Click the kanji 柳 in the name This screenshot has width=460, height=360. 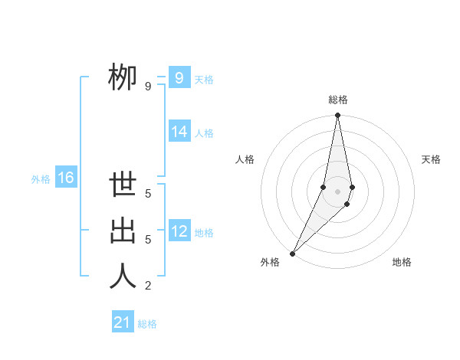coord(123,77)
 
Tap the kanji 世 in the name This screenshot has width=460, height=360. coord(123,186)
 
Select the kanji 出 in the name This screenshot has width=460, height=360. coord(123,231)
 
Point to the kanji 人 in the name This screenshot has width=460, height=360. coord(123,276)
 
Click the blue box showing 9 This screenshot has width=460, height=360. coord(179,77)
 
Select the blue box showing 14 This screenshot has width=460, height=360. coord(179,132)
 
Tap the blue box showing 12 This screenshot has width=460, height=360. coord(179,231)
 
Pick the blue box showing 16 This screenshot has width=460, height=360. coord(65,178)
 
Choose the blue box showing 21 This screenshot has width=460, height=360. coord(123,322)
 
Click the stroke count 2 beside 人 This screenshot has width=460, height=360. coord(148,286)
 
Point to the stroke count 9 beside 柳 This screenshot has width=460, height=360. coord(148,87)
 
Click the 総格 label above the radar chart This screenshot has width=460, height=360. coord(337,100)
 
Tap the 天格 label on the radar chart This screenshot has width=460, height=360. coord(431,159)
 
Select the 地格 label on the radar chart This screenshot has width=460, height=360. coord(402,262)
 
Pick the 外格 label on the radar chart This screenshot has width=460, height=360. coord(270,262)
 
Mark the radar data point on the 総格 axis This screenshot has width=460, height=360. coord(337,116)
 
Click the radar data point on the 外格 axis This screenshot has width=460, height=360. coord(292,253)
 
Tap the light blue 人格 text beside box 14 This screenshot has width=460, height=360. coord(204,133)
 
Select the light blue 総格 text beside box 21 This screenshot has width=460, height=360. coord(147,324)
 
